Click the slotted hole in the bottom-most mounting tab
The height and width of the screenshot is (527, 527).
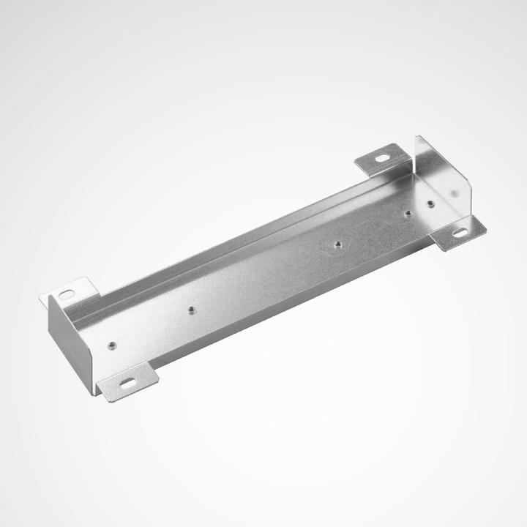127,383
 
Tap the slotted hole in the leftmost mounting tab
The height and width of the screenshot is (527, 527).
67,294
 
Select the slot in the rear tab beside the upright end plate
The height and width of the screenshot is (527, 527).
383,157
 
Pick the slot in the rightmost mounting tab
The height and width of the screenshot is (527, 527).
460,233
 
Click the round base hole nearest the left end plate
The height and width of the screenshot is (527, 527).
111,345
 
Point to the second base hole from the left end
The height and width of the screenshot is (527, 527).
191,310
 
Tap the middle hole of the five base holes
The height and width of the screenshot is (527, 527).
337,244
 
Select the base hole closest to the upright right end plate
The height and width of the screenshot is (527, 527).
430,203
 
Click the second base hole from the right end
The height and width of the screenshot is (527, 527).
408,213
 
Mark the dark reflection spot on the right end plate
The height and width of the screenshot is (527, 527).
455,193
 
